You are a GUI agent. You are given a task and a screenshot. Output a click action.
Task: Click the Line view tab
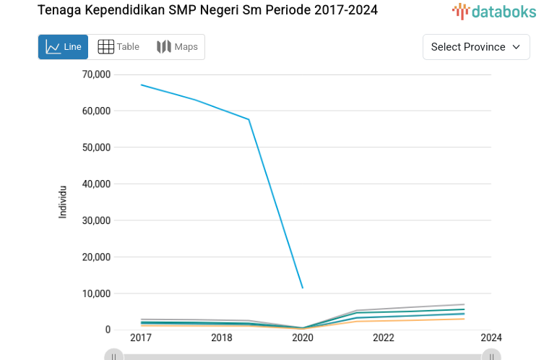pos(63,47)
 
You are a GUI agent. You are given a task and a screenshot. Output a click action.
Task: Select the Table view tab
pos(118,47)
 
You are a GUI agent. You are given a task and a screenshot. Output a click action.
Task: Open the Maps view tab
pos(177,47)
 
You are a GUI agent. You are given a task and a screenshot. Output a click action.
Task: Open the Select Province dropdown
pos(475,47)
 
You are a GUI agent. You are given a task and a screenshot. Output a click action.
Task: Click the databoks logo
pos(494,11)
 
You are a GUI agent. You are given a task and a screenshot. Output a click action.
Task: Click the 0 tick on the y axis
pos(107,330)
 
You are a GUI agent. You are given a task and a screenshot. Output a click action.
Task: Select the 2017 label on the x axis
pos(141,338)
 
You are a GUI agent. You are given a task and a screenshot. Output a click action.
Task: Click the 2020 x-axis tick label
pos(303,338)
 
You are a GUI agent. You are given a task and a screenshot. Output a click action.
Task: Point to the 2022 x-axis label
pos(384,338)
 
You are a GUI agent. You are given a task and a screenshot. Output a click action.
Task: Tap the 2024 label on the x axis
pos(491,338)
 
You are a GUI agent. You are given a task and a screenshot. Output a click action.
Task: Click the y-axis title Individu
pos(63,202)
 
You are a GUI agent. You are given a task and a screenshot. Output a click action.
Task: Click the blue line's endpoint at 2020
pos(303,288)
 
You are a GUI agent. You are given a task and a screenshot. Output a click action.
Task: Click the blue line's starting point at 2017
pos(141,85)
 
